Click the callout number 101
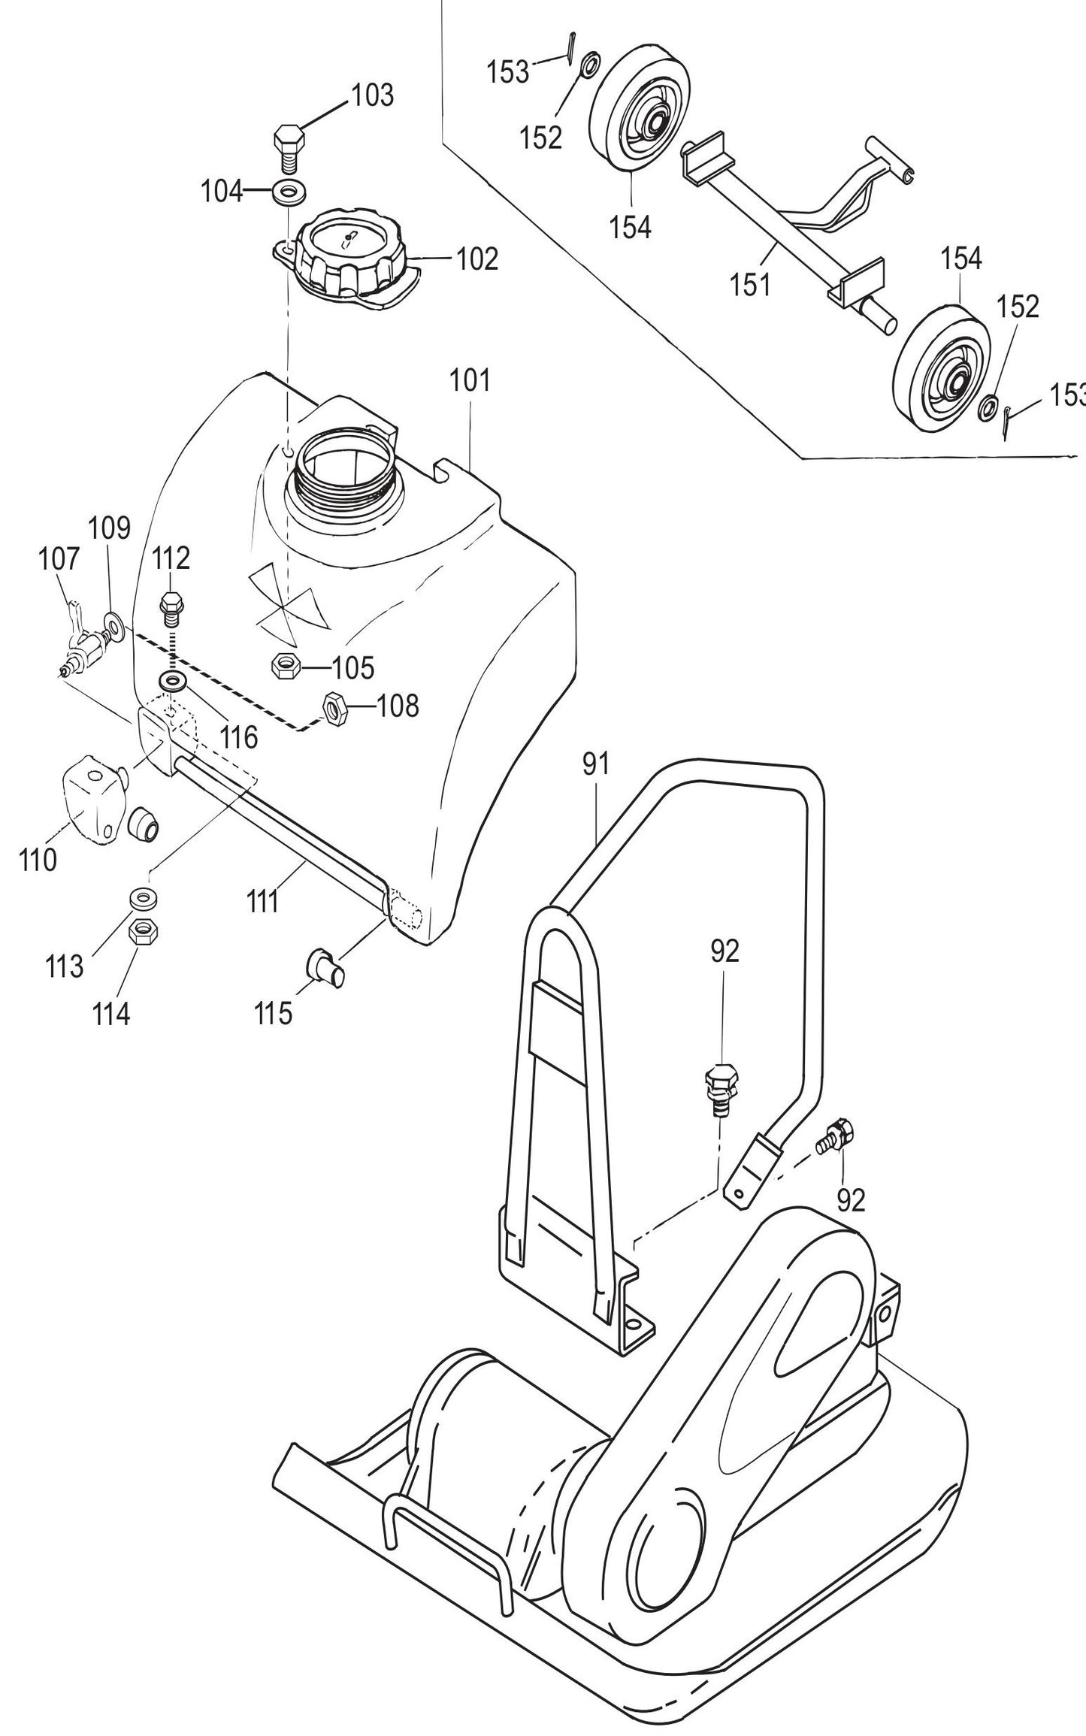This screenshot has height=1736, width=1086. point(470,380)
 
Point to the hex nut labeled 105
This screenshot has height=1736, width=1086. point(285,666)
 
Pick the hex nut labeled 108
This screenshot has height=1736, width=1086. point(333,707)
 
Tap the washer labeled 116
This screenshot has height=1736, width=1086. point(174,682)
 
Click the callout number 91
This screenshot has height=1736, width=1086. point(594,766)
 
